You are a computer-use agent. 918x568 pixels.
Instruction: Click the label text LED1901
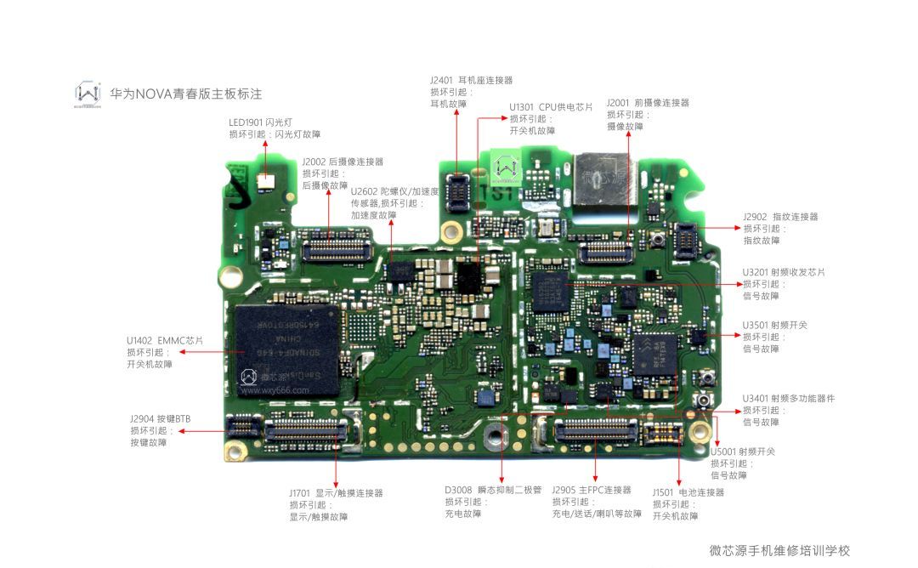coord(246,122)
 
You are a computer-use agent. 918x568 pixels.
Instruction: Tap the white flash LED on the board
coord(265,181)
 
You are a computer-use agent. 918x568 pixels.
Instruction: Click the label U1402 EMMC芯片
coord(165,340)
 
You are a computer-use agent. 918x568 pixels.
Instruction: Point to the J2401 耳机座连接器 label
coord(471,80)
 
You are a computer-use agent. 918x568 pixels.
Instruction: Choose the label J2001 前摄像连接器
coord(648,102)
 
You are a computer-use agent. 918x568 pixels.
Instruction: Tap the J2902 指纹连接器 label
coord(780,217)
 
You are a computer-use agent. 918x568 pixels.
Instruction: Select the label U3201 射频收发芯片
coord(784,272)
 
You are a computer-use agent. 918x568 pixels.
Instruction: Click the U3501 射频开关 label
coord(774,325)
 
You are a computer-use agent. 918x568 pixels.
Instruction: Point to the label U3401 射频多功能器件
coord(788,398)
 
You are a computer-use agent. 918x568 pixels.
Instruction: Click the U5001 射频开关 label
coord(742,452)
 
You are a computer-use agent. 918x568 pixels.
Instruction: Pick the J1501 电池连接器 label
coord(688,492)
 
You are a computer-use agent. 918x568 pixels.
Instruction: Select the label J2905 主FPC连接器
coord(592,490)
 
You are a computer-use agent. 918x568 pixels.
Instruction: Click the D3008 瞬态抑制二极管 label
coord(493,490)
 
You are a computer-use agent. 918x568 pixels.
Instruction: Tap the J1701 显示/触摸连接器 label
coord(336,492)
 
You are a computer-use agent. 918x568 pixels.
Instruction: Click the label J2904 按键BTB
coord(160,419)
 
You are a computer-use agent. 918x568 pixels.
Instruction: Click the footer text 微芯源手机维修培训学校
coord(779,550)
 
